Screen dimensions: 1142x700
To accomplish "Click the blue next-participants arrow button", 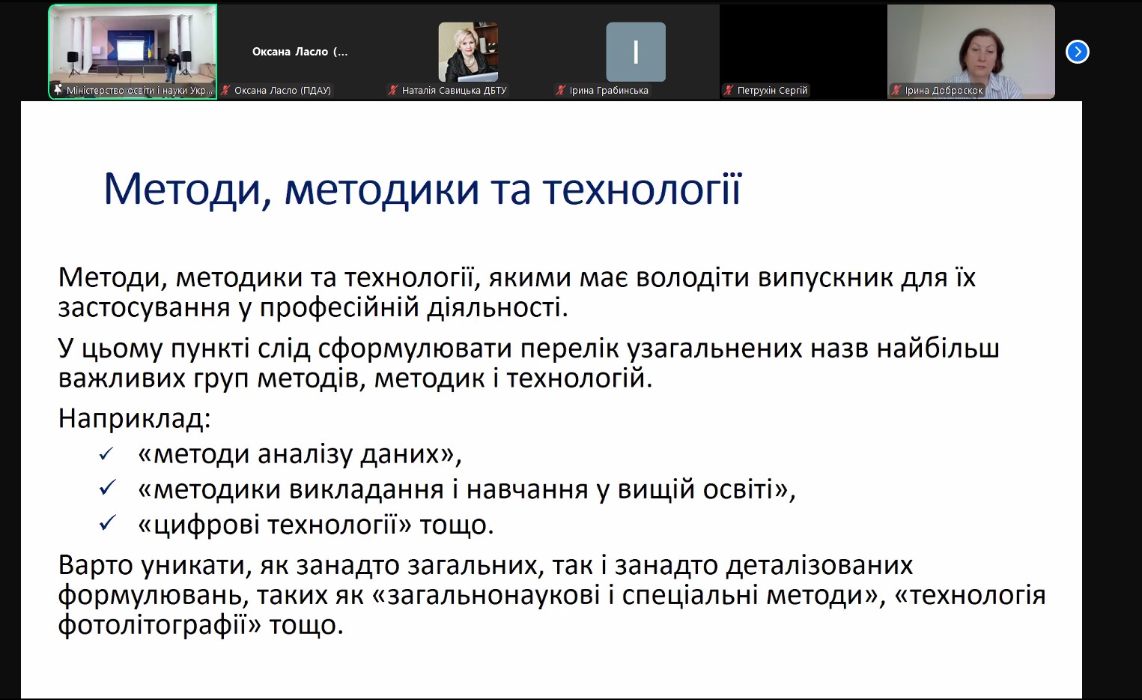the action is click(1077, 52).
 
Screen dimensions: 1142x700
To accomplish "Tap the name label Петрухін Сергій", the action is click(772, 90).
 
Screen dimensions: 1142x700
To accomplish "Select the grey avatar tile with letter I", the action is click(635, 52).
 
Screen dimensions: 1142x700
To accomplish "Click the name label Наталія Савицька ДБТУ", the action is click(454, 90).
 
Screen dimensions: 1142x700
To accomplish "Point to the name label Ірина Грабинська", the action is click(609, 90).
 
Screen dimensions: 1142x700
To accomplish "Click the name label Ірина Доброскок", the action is click(944, 90).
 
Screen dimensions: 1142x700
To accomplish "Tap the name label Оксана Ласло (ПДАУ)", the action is click(282, 90).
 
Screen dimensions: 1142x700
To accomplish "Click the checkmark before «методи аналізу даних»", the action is click(106, 453).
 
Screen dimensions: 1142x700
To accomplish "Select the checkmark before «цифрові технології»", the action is click(107, 523).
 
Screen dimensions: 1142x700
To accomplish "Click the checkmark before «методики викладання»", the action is click(107, 488).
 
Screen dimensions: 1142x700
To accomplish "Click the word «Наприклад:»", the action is click(135, 418).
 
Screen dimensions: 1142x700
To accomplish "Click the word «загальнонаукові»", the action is click(493, 596).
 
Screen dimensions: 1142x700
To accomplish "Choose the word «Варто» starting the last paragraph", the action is click(95, 565).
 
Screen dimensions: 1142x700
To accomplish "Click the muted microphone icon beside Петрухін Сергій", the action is click(729, 90).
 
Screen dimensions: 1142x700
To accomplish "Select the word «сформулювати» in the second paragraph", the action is click(415, 349).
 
